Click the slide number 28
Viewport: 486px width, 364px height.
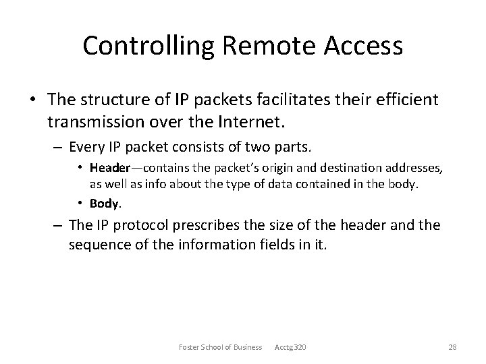click(453, 347)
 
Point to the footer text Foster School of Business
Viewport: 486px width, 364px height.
click(220, 347)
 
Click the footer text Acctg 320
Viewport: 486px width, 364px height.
click(290, 347)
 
